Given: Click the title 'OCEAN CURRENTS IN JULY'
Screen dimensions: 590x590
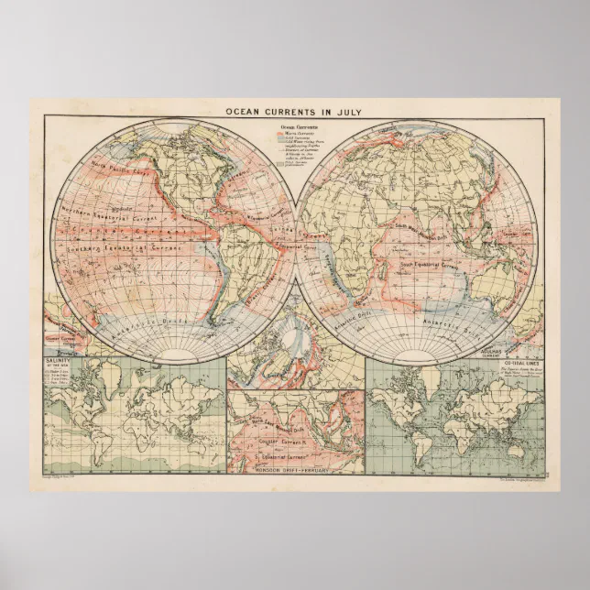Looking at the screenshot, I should [x=294, y=112].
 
